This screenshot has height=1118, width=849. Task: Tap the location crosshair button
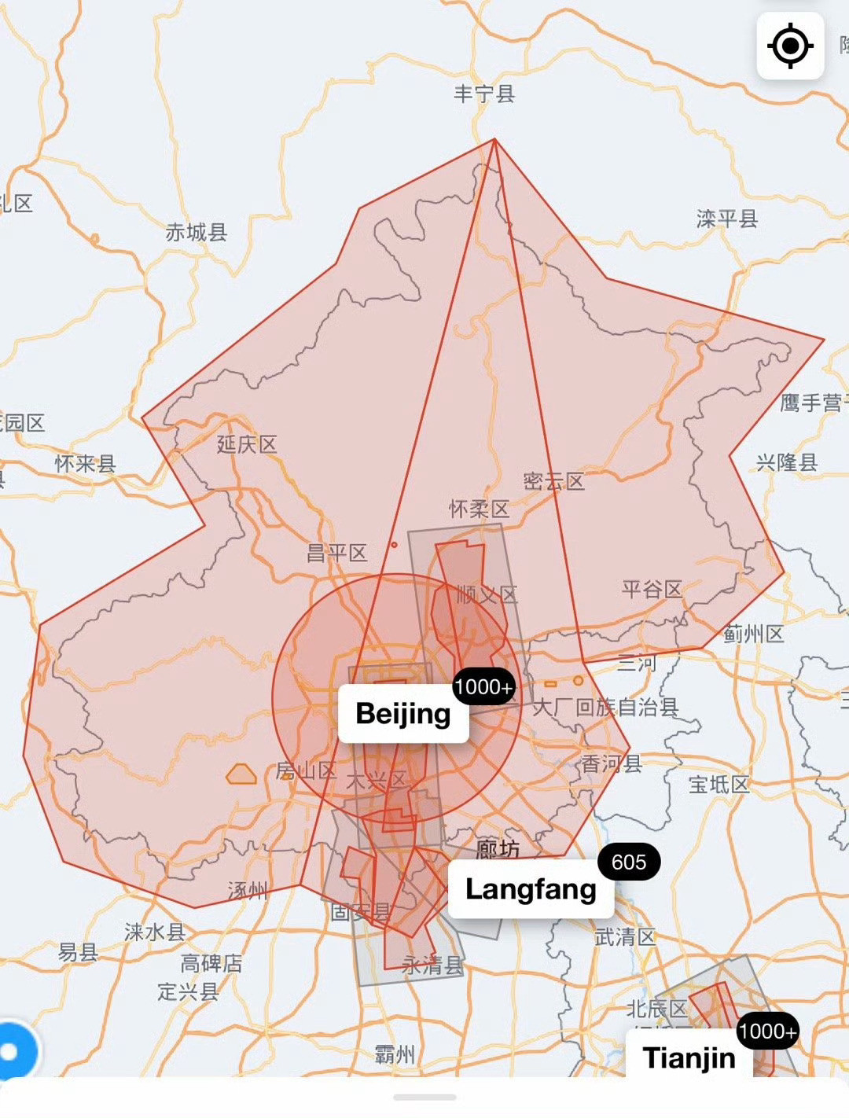click(x=790, y=46)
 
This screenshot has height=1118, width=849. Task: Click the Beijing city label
click(x=403, y=714)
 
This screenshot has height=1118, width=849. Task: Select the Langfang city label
click(x=531, y=889)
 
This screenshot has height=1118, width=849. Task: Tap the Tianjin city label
click(x=689, y=1057)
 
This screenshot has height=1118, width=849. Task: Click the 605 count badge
click(x=629, y=862)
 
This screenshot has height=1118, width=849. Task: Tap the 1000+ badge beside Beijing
click(x=483, y=687)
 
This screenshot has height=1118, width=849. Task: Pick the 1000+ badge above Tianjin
click(x=767, y=1032)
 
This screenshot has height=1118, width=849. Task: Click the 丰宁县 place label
click(x=484, y=94)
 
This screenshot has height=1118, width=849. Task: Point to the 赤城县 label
click(x=197, y=232)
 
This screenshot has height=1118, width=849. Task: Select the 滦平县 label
click(x=727, y=219)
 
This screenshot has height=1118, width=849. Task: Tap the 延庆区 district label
click(x=248, y=444)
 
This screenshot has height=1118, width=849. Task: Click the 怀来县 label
click(x=86, y=464)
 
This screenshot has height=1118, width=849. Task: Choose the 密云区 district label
click(x=554, y=482)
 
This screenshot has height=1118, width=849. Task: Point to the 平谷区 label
click(x=652, y=589)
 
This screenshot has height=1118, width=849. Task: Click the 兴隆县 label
click(x=787, y=462)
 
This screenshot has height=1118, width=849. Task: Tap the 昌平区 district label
click(x=337, y=553)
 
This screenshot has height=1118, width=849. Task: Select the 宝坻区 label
click(x=719, y=784)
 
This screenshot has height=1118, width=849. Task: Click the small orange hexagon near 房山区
click(x=241, y=775)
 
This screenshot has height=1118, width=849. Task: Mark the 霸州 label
click(x=395, y=1054)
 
